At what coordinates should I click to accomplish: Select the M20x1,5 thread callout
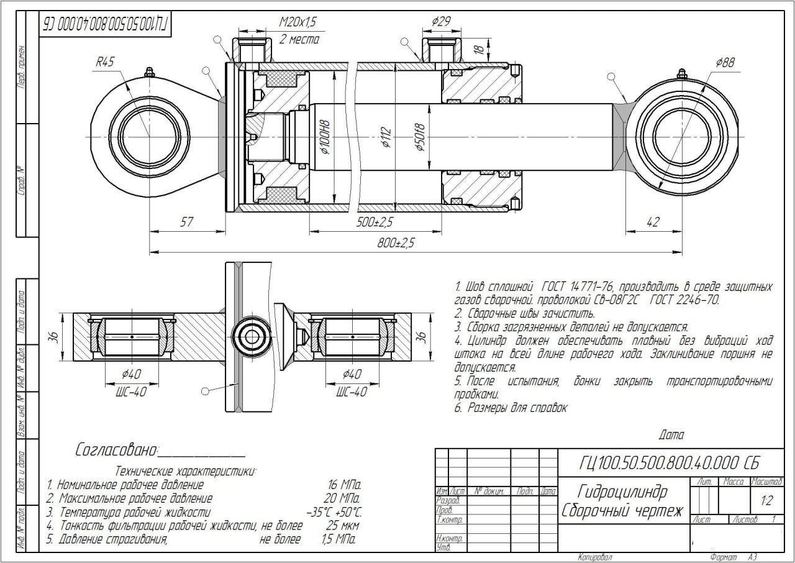pyautogui.click(x=298, y=22)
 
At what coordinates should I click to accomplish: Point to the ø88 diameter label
pyautogui.click(x=725, y=62)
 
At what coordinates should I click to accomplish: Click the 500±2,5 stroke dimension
pyautogui.click(x=375, y=222)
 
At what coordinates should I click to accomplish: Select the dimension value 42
pyautogui.click(x=653, y=222)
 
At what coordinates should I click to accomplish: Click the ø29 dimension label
pyautogui.click(x=441, y=22)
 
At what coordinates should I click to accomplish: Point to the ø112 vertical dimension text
pyautogui.click(x=386, y=138)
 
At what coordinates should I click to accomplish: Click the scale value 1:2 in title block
pyautogui.click(x=766, y=500)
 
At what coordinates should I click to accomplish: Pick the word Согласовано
pyautogui.click(x=117, y=450)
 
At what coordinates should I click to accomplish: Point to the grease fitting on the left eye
pyautogui.click(x=149, y=72)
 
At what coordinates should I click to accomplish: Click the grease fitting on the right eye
pyautogui.click(x=681, y=74)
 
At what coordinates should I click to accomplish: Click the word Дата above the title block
pyautogui.click(x=671, y=436)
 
